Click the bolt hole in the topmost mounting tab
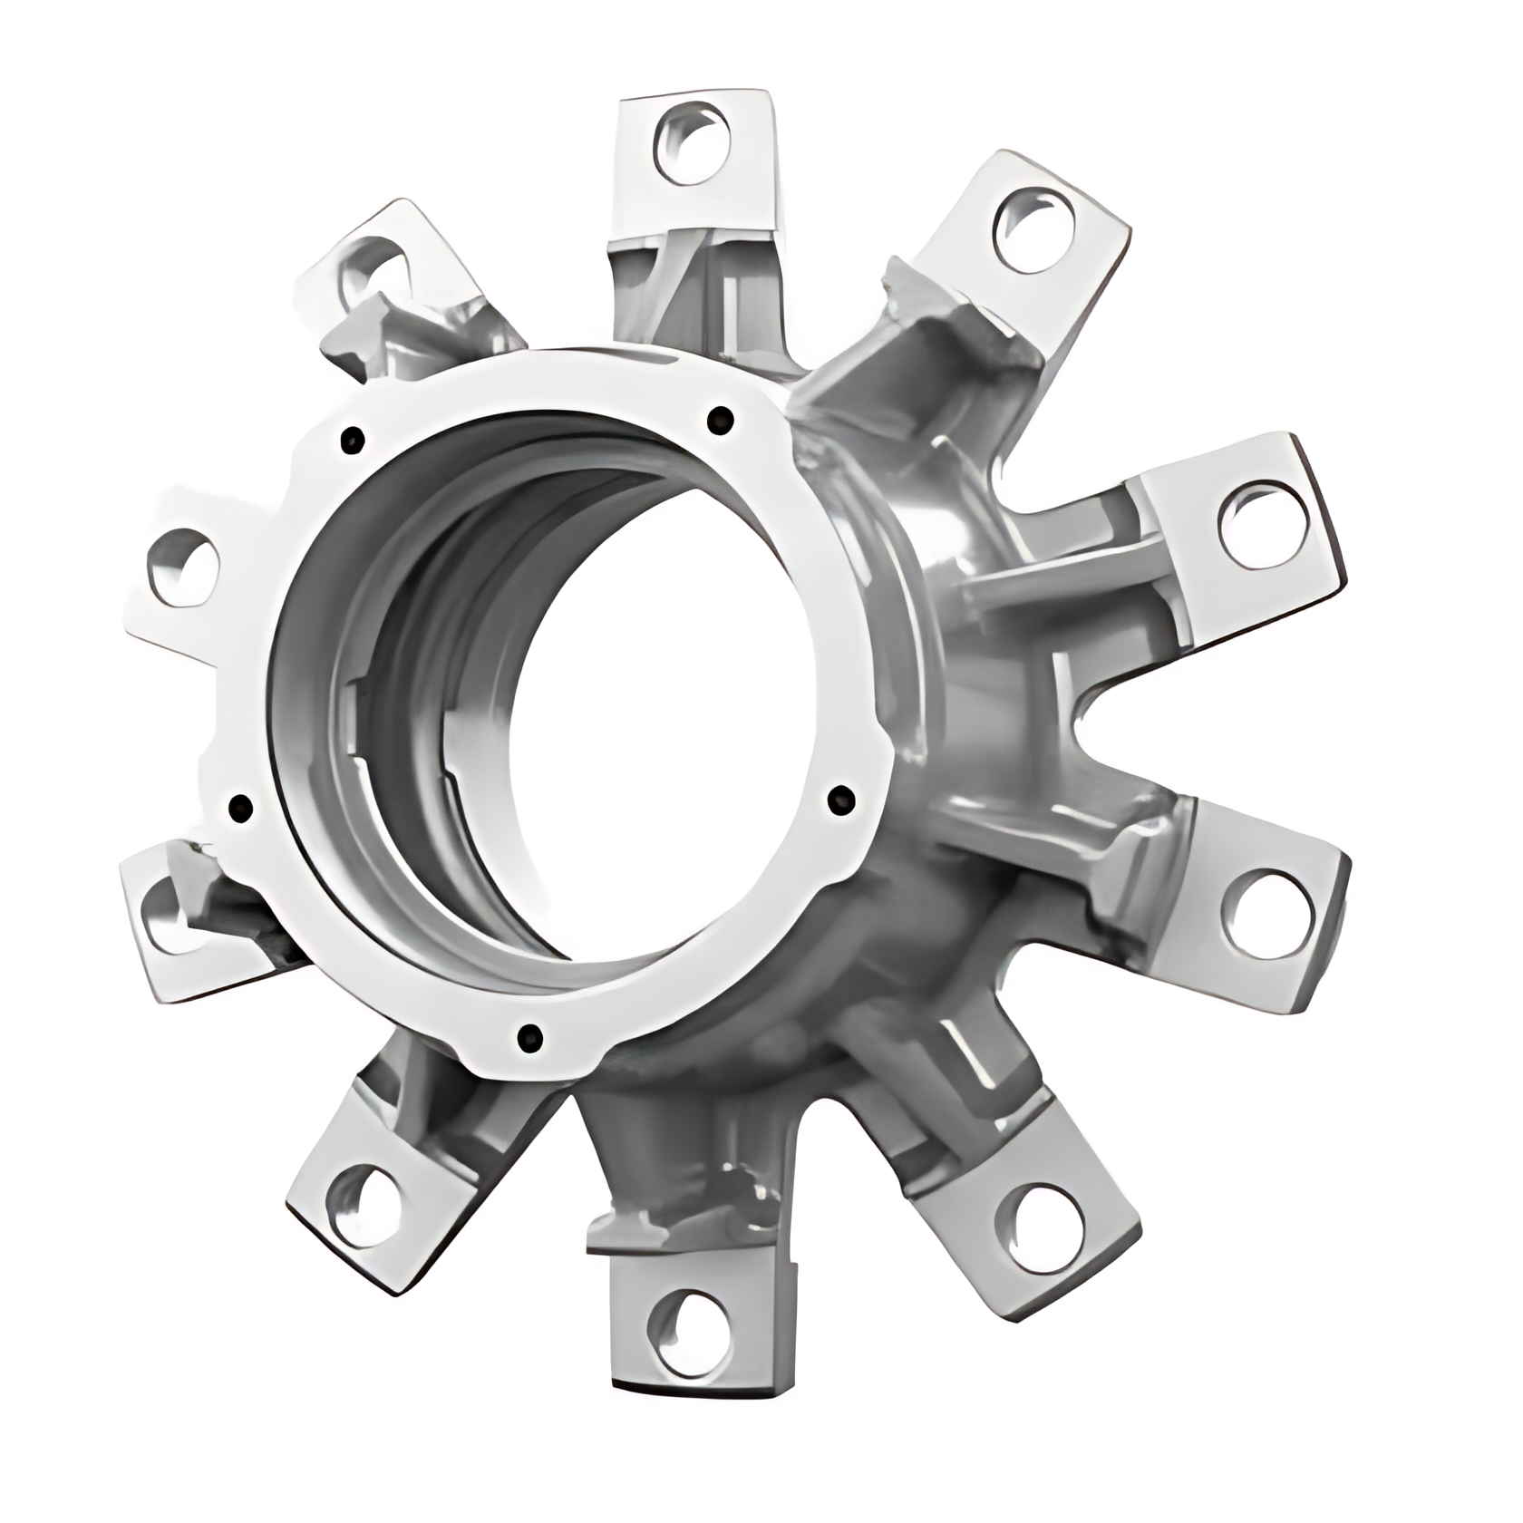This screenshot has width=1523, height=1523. (691, 142)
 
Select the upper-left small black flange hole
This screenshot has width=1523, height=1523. (352, 441)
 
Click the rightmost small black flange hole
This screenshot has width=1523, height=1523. (842, 799)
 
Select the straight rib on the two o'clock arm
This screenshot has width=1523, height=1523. (1043, 589)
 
